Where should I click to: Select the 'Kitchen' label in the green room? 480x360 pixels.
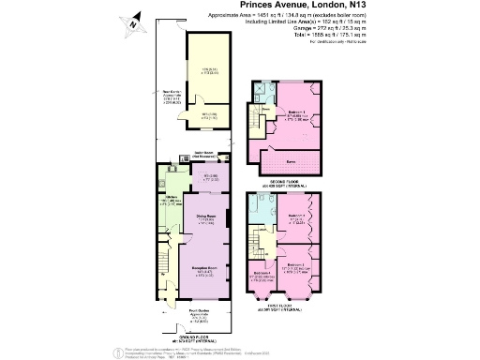[x=171, y=199]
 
